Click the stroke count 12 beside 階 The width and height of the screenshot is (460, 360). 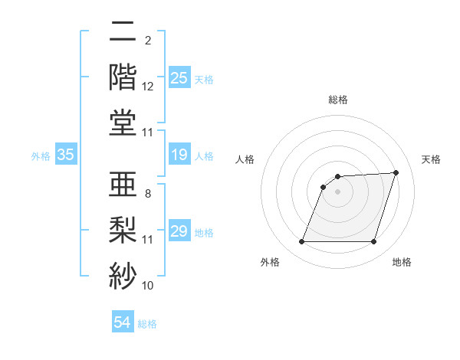point(148,87)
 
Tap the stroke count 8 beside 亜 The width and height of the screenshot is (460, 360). point(148,193)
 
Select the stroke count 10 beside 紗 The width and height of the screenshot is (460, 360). point(148,286)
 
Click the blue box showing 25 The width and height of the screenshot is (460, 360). point(179,77)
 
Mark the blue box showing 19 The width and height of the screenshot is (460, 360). point(179,155)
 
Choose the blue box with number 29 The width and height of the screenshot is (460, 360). point(179,231)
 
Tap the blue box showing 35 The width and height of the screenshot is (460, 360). point(66,155)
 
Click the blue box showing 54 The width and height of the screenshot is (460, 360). point(122,322)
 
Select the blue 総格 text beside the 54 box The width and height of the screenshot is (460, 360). point(147,323)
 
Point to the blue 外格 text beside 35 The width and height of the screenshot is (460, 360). point(41,155)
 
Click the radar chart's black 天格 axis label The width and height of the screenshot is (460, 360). point(431,159)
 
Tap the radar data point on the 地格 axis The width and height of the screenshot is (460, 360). point(373,242)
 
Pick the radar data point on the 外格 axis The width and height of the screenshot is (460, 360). point(301,242)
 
